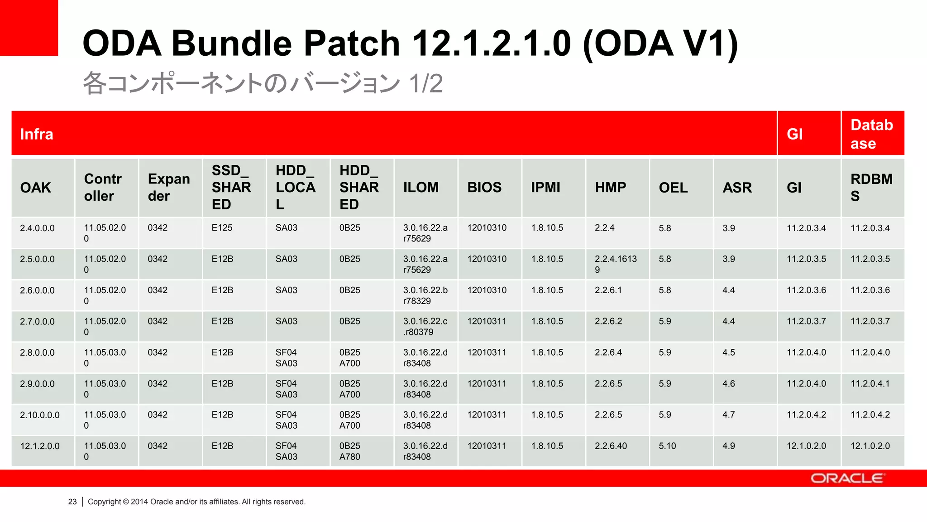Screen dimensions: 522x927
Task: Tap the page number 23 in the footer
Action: tap(72, 502)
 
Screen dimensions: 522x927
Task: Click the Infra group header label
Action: tap(37, 134)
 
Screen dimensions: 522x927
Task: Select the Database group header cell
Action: tap(872, 134)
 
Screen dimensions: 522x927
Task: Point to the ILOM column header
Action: tap(421, 187)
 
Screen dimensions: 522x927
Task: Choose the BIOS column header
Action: tap(484, 187)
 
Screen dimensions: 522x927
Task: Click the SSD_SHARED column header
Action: tap(231, 187)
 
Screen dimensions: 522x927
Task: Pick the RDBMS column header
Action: tap(871, 187)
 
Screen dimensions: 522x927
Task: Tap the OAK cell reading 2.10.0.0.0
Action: tap(40, 415)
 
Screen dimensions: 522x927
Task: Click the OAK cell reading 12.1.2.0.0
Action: tap(40, 446)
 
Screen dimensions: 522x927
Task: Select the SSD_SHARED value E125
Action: tap(222, 228)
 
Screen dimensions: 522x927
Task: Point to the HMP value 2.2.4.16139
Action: tap(616, 264)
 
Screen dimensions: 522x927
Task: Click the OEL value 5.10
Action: tap(667, 446)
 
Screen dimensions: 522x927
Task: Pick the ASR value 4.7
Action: tap(729, 415)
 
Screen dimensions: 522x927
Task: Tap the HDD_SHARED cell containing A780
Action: tap(350, 451)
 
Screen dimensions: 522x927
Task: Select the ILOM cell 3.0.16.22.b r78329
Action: tap(425, 295)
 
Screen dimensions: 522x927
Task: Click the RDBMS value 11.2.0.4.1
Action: tap(870, 384)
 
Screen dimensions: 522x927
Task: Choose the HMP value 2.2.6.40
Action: tap(611, 446)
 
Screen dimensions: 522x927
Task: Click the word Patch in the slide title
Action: tap(351, 43)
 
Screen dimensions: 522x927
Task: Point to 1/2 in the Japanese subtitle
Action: tap(425, 83)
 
